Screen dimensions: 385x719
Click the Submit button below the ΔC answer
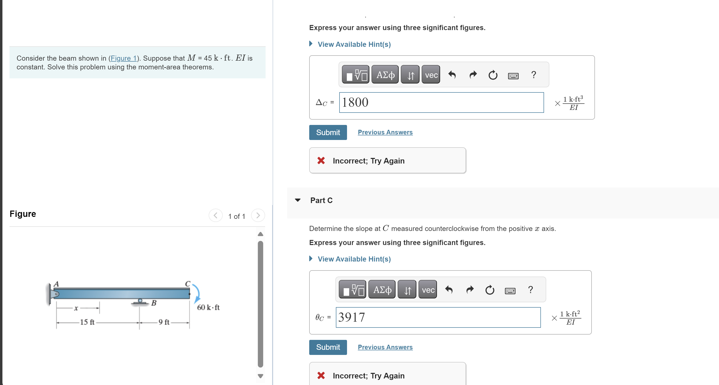pyautogui.click(x=328, y=132)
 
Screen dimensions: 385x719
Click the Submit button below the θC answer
pyautogui.click(x=328, y=347)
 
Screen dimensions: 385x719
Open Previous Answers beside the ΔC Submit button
pyautogui.click(x=385, y=132)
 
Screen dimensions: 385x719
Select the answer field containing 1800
pyautogui.click(x=441, y=103)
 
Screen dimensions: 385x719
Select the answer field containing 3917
pyautogui.click(x=438, y=317)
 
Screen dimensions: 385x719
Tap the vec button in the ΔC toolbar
pyautogui.click(x=431, y=75)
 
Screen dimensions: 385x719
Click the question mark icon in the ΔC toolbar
pyautogui.click(x=533, y=75)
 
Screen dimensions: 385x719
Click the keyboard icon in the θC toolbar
pyautogui.click(x=510, y=291)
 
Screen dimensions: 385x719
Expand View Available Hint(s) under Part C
pyautogui.click(x=354, y=259)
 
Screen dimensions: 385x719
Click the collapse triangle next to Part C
pyautogui.click(x=298, y=200)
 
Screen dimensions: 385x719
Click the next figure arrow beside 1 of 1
pyautogui.click(x=258, y=216)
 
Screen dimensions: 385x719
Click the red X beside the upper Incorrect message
pyautogui.click(x=321, y=161)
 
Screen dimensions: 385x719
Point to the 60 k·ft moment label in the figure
pyautogui.click(x=208, y=307)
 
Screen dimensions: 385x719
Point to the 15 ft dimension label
pyautogui.click(x=87, y=322)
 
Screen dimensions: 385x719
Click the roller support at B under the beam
pyautogui.click(x=140, y=302)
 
